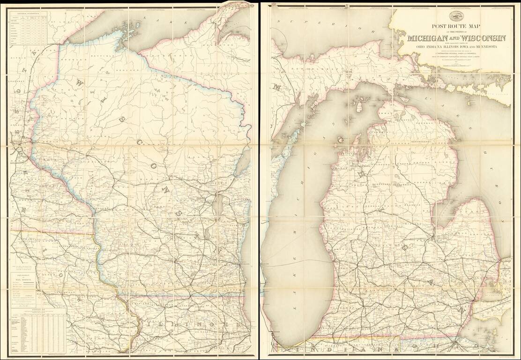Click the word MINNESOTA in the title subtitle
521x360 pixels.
pyautogui.click(x=487, y=46)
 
